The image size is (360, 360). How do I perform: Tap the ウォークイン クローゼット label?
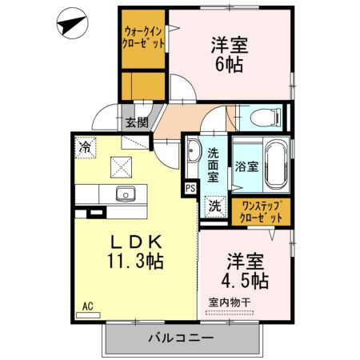pyautogui.click(x=143, y=39)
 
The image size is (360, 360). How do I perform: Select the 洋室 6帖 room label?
pyautogui.click(x=228, y=54)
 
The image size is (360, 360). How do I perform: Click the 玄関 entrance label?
pyautogui.click(x=136, y=122)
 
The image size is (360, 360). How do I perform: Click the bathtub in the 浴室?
pyautogui.click(x=276, y=164)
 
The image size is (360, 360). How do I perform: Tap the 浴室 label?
pyautogui.click(x=246, y=167)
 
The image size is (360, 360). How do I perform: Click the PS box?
pyautogui.click(x=190, y=188)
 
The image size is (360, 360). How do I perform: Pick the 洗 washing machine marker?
pyautogui.click(x=216, y=205)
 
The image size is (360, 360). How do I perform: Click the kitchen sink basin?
pyautogui.click(x=126, y=194)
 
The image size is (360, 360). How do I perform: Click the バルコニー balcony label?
pyautogui.click(x=180, y=339)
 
